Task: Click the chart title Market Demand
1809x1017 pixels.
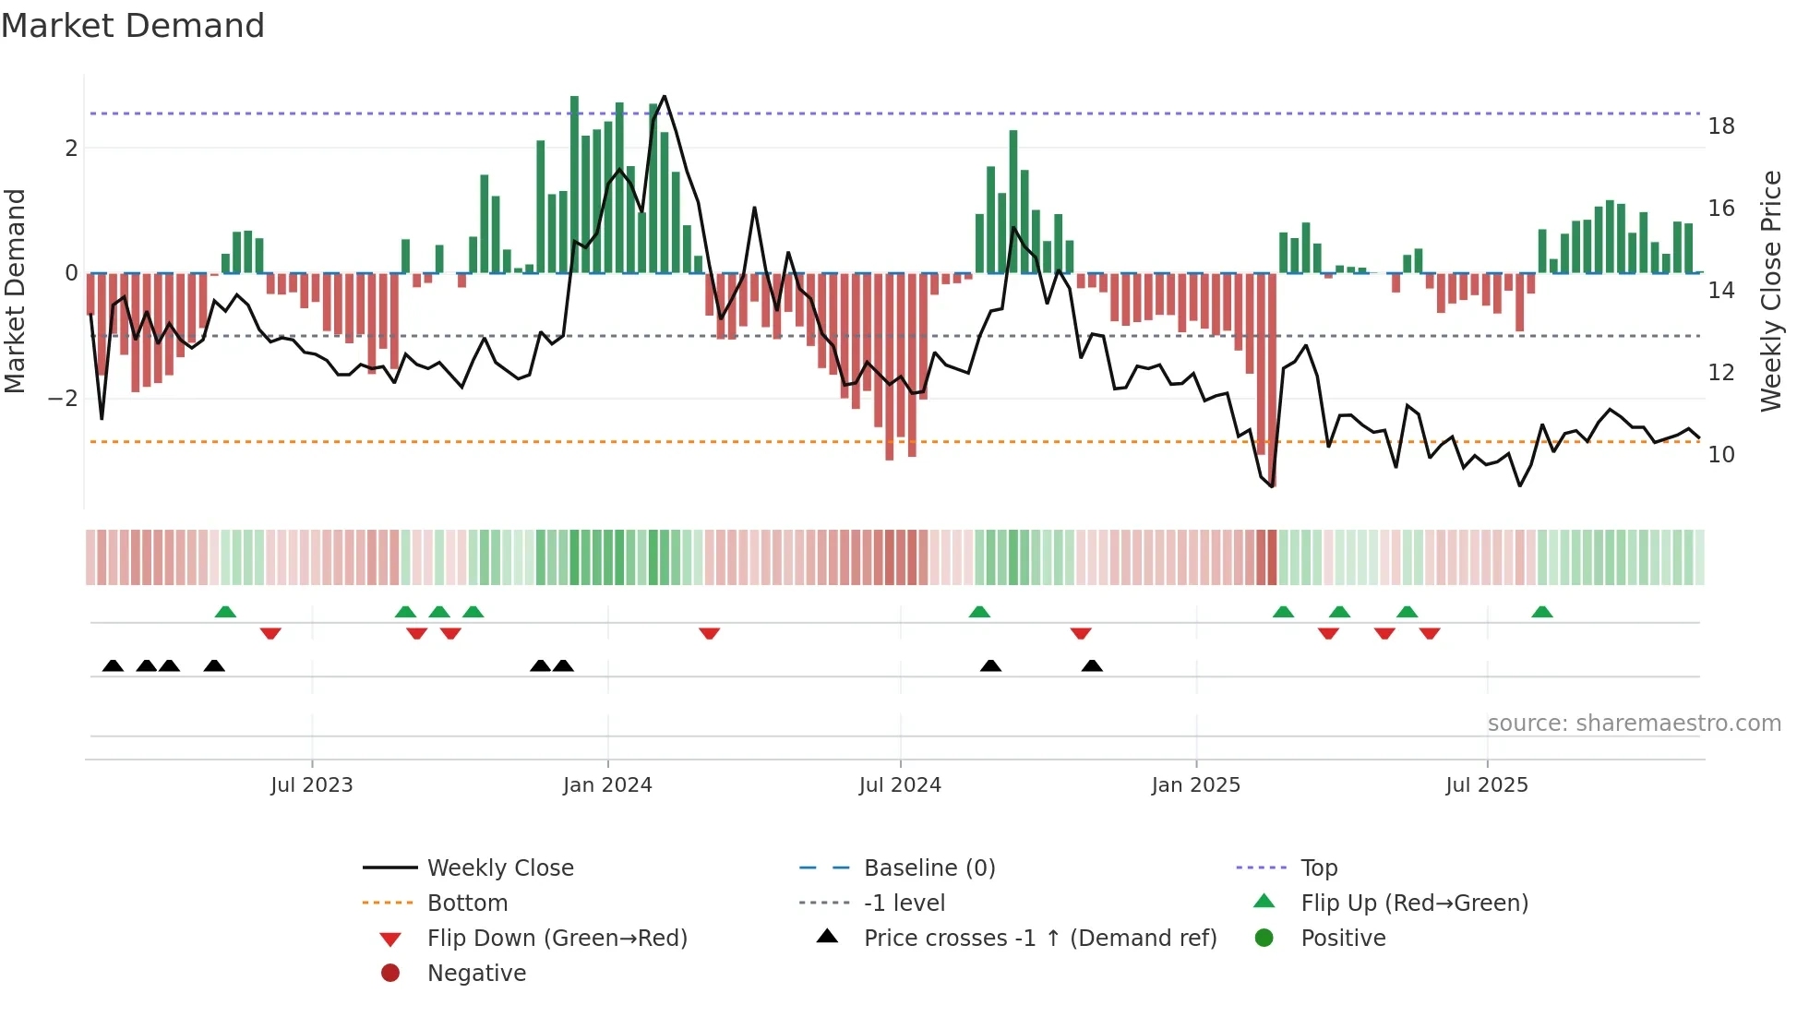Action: click(x=133, y=25)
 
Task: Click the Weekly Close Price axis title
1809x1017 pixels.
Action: click(x=1770, y=291)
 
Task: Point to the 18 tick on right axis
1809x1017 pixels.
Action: click(x=1720, y=126)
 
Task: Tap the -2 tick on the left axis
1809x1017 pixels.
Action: click(x=63, y=399)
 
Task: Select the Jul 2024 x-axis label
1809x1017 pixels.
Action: click(x=900, y=785)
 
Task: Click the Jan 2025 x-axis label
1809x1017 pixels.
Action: click(x=1195, y=785)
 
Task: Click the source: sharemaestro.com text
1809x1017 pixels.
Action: click(x=1634, y=724)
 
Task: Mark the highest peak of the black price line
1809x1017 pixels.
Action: click(x=665, y=96)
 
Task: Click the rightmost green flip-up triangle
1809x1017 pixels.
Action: click(x=1541, y=612)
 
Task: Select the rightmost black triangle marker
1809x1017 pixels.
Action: click(x=1092, y=665)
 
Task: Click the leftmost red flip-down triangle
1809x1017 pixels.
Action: click(x=270, y=633)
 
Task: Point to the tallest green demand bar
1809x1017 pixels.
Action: click(x=574, y=185)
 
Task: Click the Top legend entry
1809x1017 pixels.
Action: click(x=1318, y=868)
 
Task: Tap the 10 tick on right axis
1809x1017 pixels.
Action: click(x=1720, y=455)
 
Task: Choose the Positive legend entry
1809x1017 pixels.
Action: click(x=1342, y=939)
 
